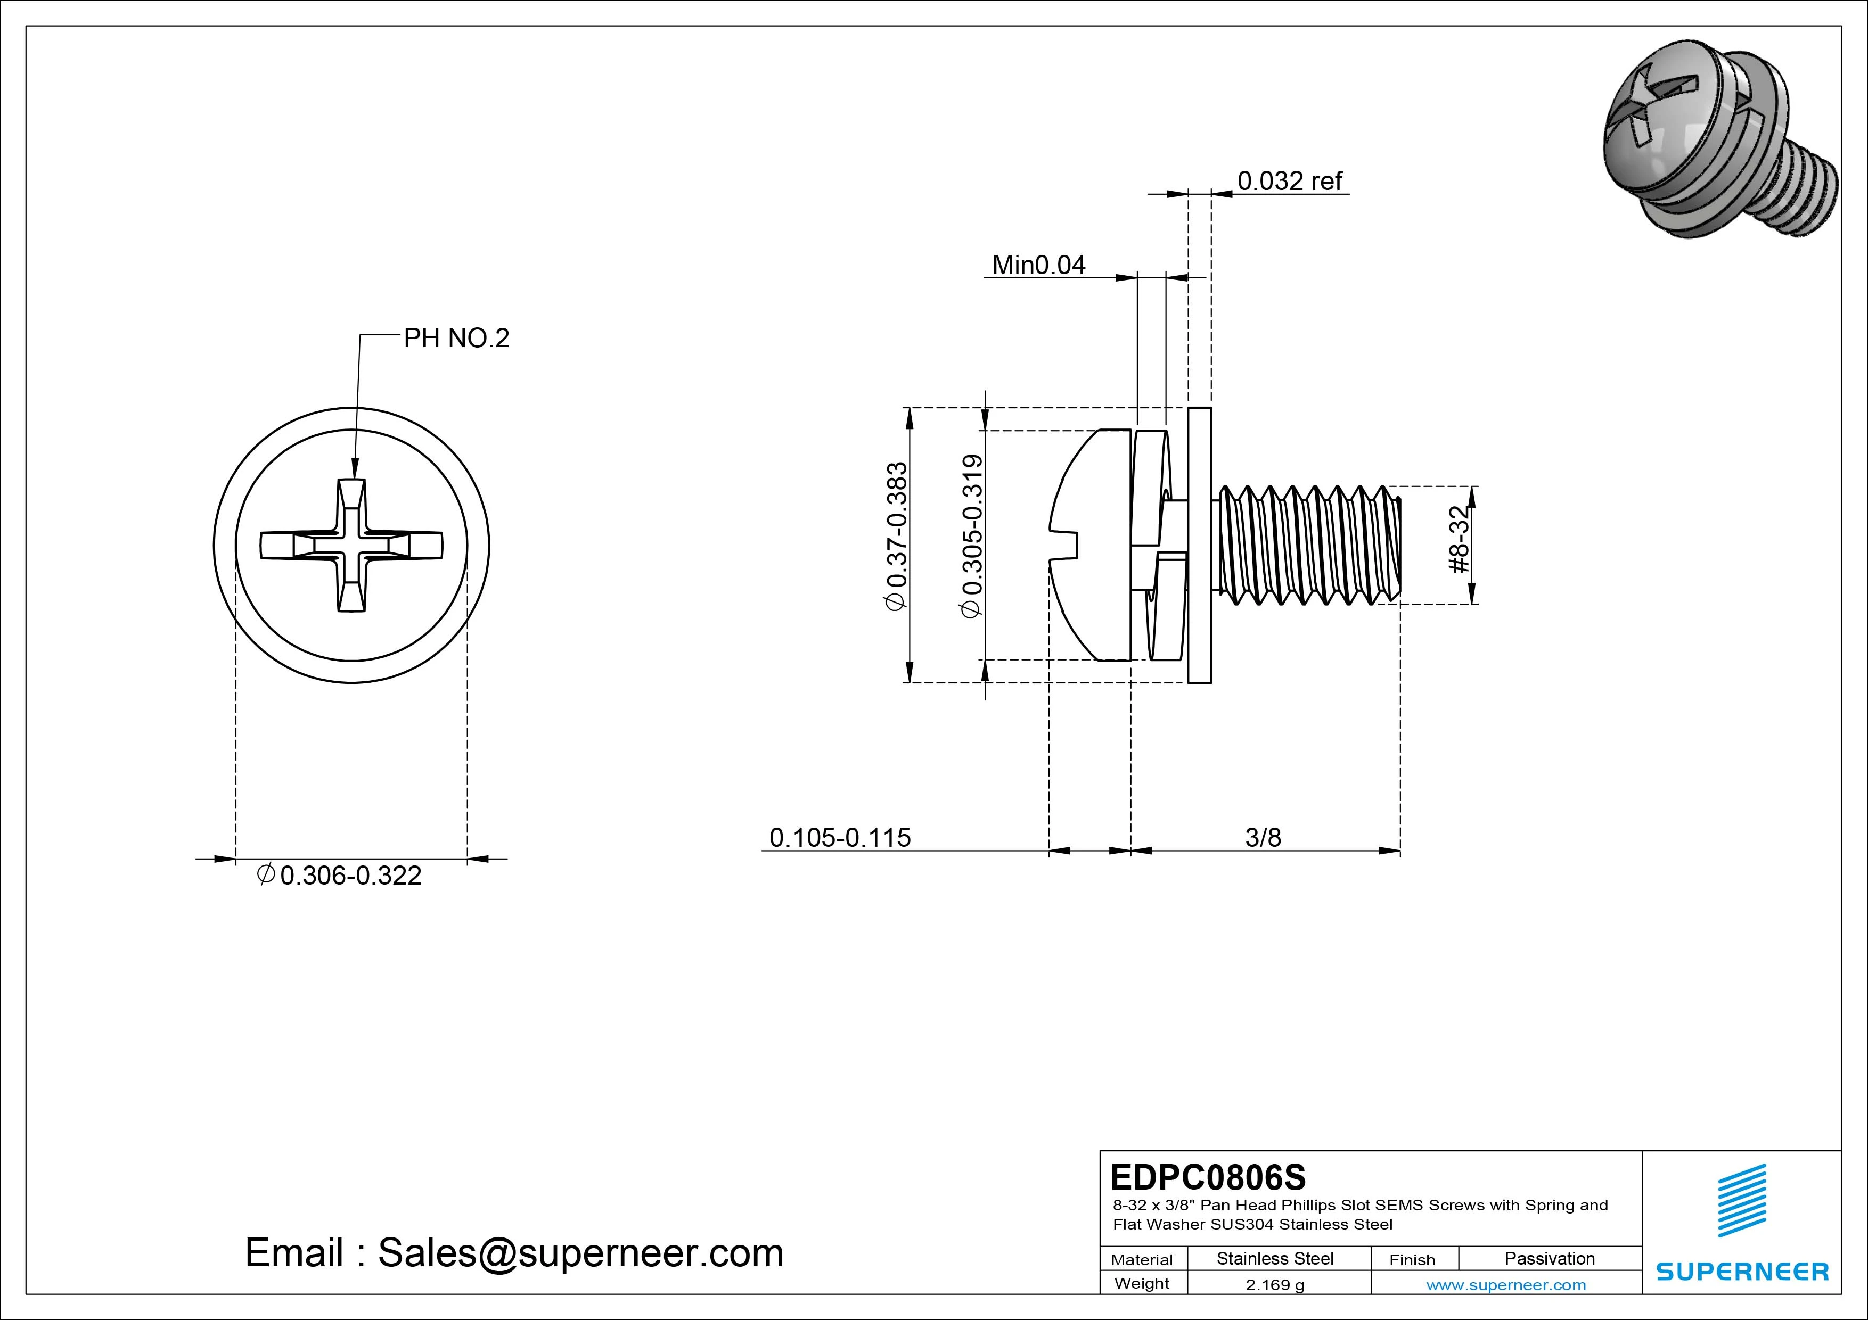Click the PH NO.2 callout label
456,339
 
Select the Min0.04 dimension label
1038,265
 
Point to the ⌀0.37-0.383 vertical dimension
896,537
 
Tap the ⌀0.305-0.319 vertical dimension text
972,537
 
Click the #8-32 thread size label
1461,539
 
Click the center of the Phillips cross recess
351,545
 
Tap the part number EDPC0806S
1207,1177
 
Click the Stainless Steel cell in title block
1274,1258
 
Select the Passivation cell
1549,1258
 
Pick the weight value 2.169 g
1274,1285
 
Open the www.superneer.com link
1505,1285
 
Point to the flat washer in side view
1199,545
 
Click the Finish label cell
1412,1260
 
